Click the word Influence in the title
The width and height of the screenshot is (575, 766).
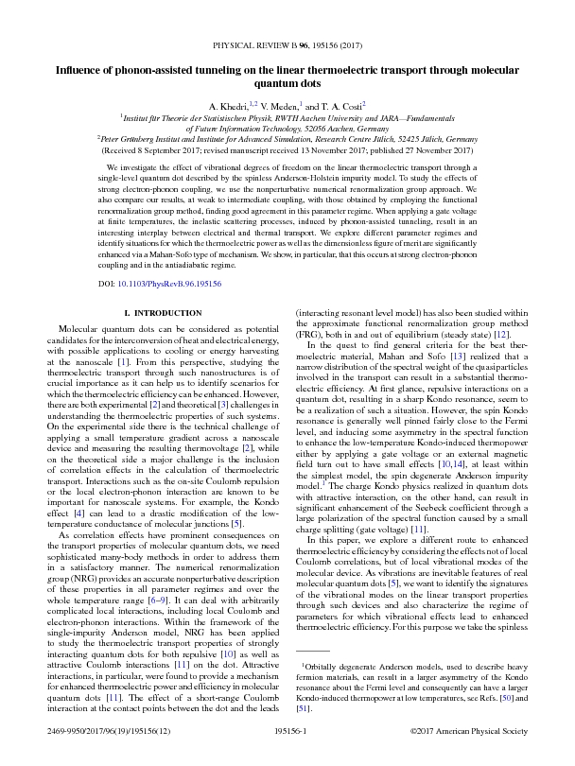[82, 69]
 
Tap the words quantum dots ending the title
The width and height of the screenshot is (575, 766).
[287, 82]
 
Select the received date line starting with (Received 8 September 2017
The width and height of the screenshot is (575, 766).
[287, 148]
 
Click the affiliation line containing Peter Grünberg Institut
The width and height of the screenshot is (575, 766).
[287, 138]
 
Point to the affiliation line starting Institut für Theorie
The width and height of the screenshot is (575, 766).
[287, 117]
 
